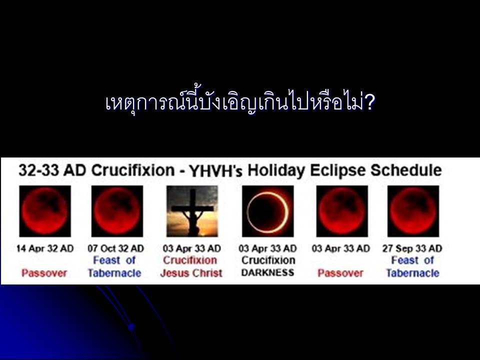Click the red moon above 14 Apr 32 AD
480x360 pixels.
45,211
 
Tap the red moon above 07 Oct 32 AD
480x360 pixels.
117,211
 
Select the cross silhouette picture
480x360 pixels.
192,211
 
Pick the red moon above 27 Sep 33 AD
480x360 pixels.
413,211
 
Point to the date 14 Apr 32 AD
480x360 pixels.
45,248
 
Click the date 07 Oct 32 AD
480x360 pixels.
115,248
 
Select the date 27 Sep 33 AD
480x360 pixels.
412,248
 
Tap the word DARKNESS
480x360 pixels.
268,272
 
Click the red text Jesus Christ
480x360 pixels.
191,273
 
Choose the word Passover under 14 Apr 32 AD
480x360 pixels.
44,273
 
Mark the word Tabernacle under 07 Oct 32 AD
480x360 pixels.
114,273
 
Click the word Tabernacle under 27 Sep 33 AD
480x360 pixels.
412,273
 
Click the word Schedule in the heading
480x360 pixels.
406,170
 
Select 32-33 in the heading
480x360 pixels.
38,170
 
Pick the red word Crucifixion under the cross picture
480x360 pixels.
190,260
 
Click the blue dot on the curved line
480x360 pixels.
131,327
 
